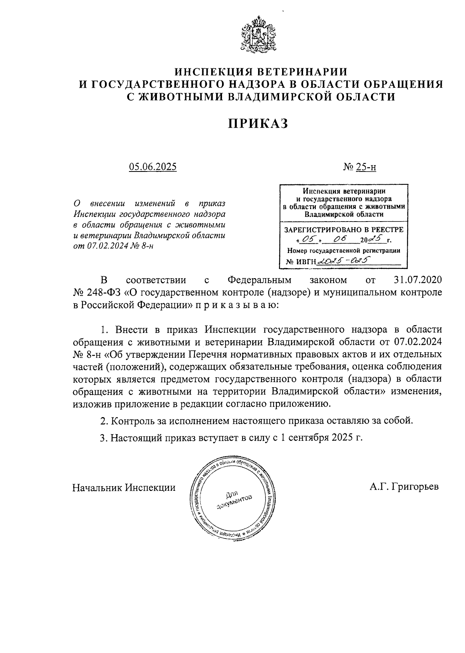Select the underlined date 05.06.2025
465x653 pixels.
153,167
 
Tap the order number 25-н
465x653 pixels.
366,167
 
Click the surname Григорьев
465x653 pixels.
414,487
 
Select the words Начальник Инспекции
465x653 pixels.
124,487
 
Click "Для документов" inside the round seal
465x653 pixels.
234,499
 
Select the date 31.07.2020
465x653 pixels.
417,280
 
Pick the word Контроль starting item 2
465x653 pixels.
133,421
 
